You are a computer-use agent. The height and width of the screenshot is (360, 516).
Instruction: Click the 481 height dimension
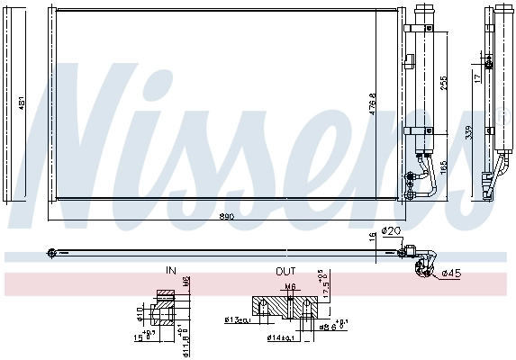tap(22, 103)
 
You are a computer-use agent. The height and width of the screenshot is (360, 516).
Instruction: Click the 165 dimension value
tap(443, 166)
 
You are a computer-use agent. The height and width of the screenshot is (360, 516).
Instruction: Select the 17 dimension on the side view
tap(476, 78)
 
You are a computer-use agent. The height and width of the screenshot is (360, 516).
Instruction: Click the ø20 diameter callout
tap(391, 231)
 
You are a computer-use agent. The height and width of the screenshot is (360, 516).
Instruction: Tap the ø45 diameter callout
tap(450, 273)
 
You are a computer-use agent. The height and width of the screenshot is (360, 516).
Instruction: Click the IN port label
tap(170, 270)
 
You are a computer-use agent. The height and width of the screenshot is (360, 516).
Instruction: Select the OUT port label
tap(285, 270)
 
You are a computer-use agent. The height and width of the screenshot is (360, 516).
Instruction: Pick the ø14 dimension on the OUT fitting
tap(276, 337)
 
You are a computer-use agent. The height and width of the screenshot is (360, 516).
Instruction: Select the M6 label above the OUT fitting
tap(290, 288)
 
